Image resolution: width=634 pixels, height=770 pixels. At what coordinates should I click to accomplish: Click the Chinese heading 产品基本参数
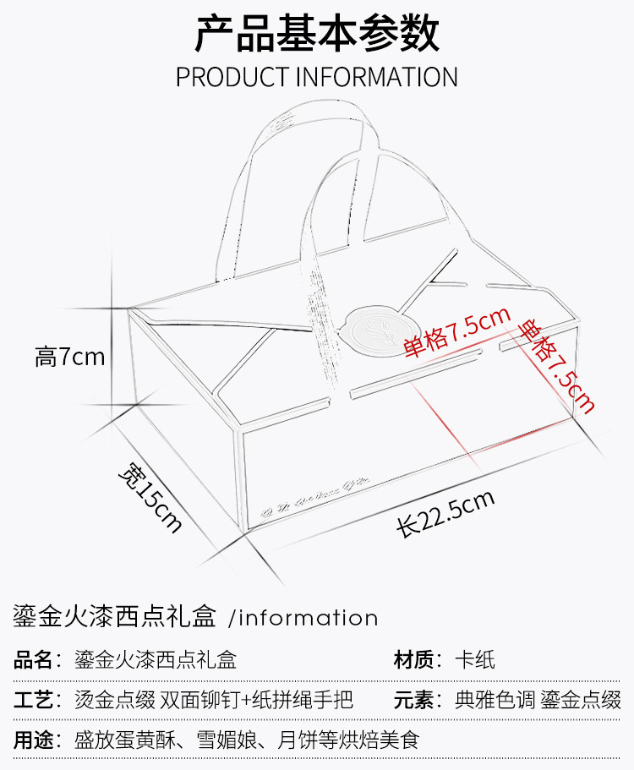click(x=317, y=35)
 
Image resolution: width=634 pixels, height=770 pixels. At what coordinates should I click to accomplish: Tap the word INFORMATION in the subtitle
click(x=376, y=76)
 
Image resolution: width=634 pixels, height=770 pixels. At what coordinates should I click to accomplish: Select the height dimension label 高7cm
click(x=70, y=357)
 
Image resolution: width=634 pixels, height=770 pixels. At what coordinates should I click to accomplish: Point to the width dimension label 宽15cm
click(x=150, y=497)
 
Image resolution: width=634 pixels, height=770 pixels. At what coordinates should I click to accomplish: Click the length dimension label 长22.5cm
click(x=445, y=513)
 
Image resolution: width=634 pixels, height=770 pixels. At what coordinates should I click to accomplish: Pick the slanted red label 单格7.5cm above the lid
click(x=457, y=332)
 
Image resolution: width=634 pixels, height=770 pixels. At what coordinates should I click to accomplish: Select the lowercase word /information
click(x=303, y=618)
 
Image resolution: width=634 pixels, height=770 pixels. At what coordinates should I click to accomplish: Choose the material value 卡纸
click(x=475, y=660)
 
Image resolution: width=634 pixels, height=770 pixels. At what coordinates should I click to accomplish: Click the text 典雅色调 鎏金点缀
click(x=538, y=701)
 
